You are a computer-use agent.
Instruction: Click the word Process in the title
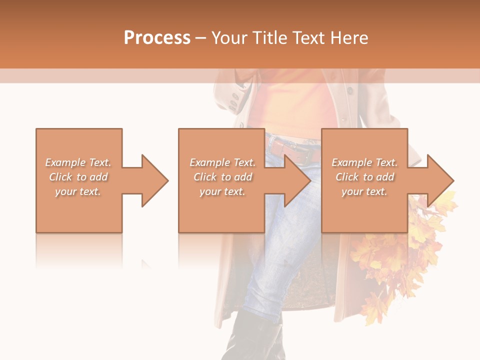click(x=157, y=38)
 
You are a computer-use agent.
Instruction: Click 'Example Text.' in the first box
click(x=78, y=162)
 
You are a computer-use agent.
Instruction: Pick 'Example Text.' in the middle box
click(x=222, y=162)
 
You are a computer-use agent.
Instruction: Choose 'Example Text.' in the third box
click(x=364, y=162)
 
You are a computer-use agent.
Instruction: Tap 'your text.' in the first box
click(x=78, y=191)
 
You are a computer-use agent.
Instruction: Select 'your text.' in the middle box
click(x=222, y=191)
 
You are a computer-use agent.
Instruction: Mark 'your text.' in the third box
click(x=364, y=191)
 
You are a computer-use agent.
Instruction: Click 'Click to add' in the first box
click(x=78, y=177)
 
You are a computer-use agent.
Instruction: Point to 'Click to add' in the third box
click(x=364, y=177)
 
